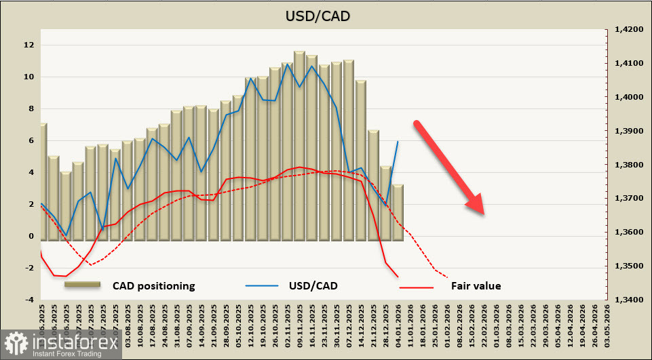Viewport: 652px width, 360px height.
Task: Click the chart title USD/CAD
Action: (326, 15)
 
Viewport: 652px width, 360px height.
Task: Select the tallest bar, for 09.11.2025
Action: (299, 146)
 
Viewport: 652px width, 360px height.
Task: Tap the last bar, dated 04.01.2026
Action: (398, 212)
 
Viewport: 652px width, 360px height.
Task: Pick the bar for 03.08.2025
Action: (127, 191)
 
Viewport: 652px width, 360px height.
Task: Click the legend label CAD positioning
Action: (153, 285)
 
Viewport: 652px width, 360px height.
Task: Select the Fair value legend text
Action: (476, 285)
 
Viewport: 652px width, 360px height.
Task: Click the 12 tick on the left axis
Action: (29, 45)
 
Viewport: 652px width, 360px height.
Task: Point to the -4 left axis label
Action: (28, 300)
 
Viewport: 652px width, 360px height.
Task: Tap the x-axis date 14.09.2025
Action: (202, 323)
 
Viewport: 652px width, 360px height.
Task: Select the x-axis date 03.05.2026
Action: (607, 323)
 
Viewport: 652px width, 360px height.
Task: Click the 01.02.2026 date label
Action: (447, 323)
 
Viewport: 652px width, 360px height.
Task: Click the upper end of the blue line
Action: (398, 141)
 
